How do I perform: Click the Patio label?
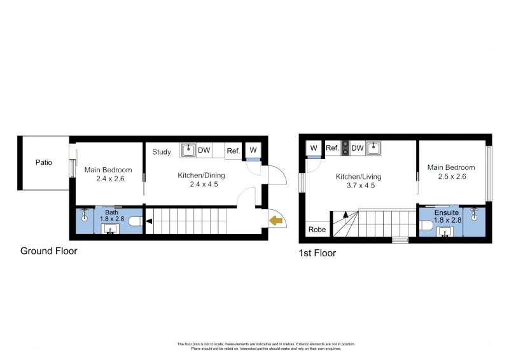[x=44, y=162]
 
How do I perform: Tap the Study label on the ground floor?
[x=162, y=152]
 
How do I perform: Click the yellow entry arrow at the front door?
[x=276, y=221]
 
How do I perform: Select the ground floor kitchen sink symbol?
[x=188, y=150]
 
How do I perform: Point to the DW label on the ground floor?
[x=204, y=151]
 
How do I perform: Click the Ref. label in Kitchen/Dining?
[x=233, y=151]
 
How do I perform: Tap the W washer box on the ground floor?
[x=253, y=150]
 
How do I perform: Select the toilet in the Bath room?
[x=134, y=221]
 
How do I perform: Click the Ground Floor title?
[x=49, y=251]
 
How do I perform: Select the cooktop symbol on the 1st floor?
[x=345, y=148]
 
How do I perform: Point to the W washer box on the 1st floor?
[x=314, y=148]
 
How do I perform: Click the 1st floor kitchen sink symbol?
[x=373, y=148]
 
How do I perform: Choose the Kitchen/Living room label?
[x=359, y=177]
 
